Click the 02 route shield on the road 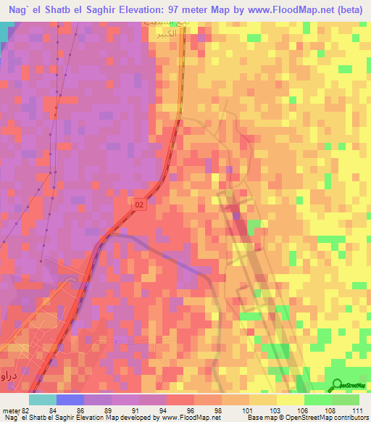coord(140,206)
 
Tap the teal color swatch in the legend coord(42,400)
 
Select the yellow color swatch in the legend coord(290,400)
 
